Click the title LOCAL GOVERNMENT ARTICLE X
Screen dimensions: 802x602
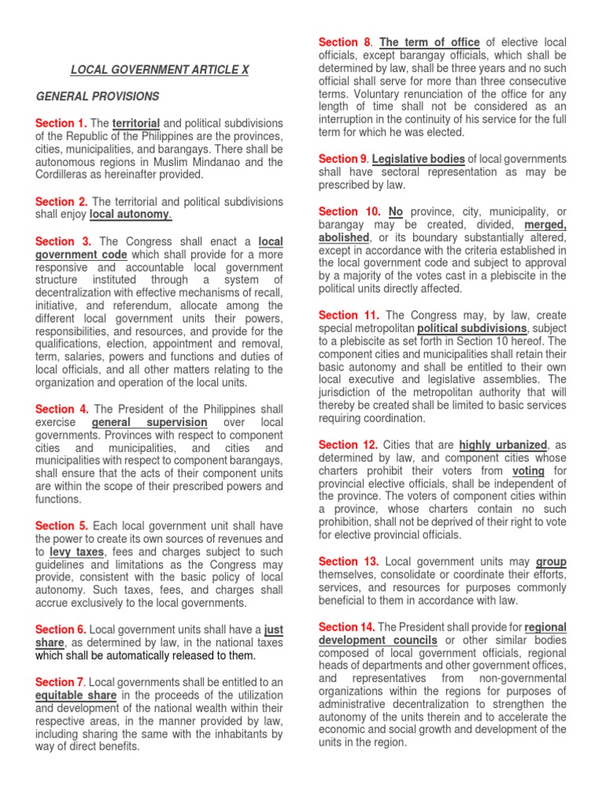click(x=160, y=70)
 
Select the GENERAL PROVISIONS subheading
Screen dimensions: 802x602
click(x=98, y=96)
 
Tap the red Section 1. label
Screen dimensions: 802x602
click(x=61, y=124)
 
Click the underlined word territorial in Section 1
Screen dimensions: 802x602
click(x=136, y=124)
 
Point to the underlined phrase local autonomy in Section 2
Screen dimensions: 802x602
click(x=131, y=214)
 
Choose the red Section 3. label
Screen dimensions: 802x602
click(x=63, y=241)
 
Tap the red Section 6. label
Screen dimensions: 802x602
click(x=61, y=630)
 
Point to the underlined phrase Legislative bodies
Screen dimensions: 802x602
click(x=419, y=159)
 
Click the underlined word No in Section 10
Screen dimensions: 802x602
click(x=396, y=212)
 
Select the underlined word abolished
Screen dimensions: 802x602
click(x=343, y=237)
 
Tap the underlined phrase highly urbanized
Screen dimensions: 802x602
click(x=503, y=445)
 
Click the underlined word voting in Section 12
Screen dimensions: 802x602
click(x=528, y=471)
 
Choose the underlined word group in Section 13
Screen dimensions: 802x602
click(x=551, y=562)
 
